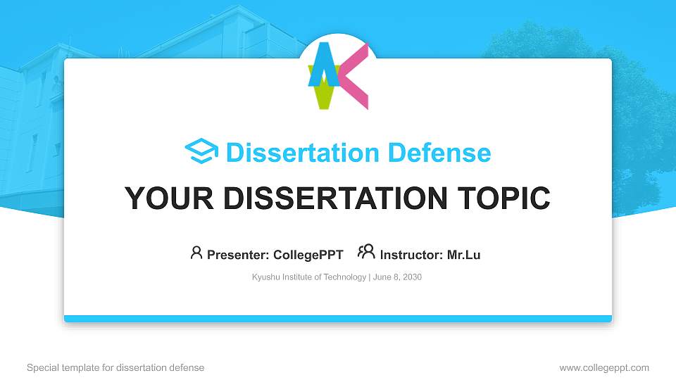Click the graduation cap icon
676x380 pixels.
201,151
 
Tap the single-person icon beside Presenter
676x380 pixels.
196,253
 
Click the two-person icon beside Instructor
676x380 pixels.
366,253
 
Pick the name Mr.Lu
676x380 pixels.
463,255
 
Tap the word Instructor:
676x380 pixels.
411,255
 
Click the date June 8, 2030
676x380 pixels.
397,277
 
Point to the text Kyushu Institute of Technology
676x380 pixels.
308,277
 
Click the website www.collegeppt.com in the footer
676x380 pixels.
603,367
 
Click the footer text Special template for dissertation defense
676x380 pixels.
115,367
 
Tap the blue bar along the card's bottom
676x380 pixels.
338,319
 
